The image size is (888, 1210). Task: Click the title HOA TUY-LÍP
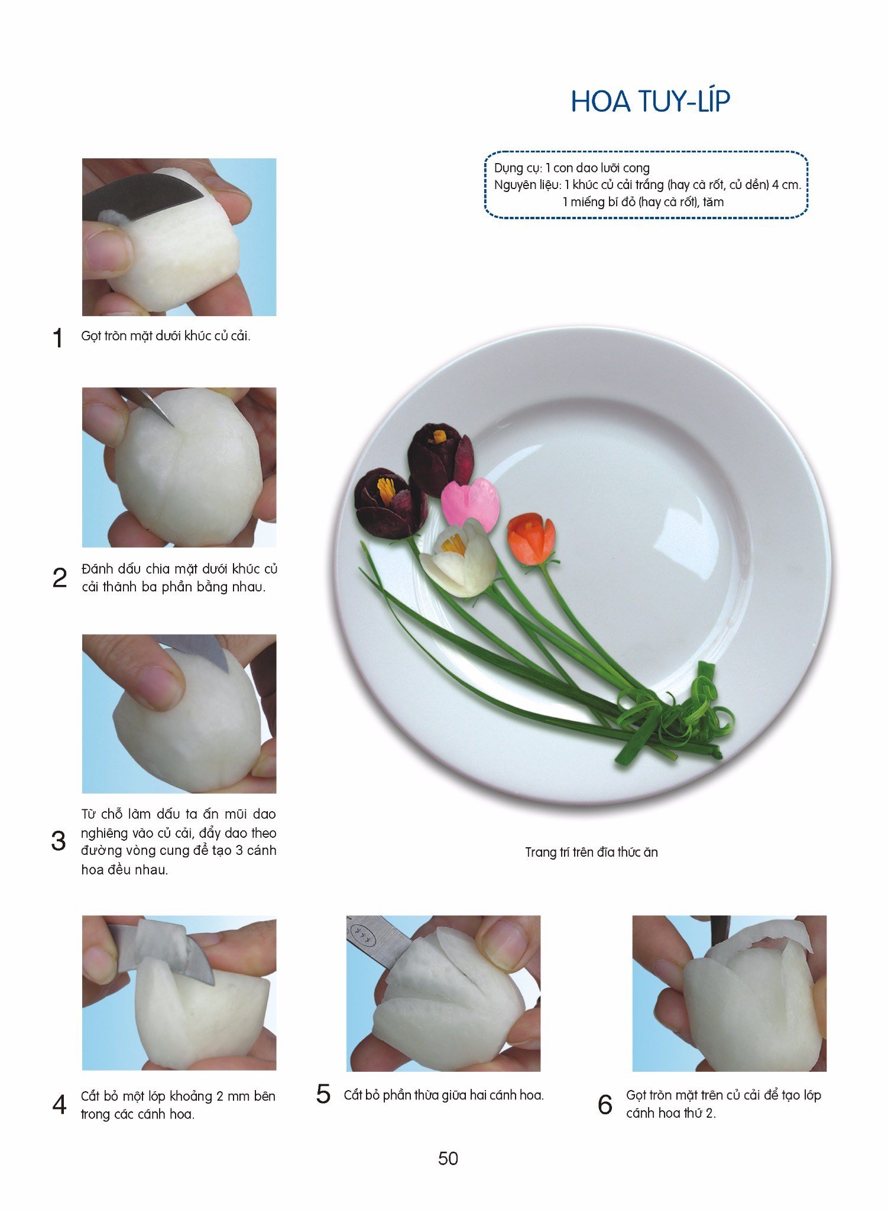[650, 101]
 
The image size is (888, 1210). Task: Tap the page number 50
[448, 1159]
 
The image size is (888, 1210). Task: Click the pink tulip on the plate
[471, 503]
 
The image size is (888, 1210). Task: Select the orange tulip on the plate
[531, 538]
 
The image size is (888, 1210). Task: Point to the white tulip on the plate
[459, 558]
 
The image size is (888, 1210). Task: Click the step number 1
[57, 338]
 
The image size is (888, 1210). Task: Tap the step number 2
[60, 578]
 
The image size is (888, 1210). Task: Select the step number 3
[59, 841]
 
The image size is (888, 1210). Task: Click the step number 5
[323, 1094]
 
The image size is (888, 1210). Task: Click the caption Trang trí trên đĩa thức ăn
[591, 852]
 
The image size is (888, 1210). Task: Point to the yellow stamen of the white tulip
[454, 543]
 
